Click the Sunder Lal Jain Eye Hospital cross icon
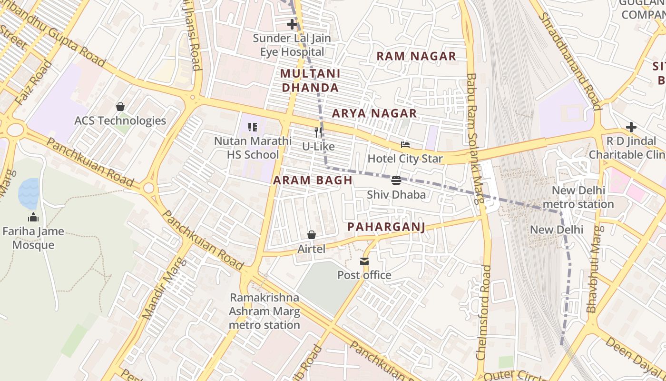point(292,24)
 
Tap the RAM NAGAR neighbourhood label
point(416,56)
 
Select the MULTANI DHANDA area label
point(310,80)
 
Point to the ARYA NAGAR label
point(374,113)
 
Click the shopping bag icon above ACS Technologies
point(120,106)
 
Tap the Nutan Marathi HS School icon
point(253,127)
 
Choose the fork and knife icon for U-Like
point(319,132)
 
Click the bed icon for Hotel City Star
point(405,145)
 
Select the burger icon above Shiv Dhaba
point(396,180)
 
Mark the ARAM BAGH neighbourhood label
point(313,180)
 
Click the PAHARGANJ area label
point(386,227)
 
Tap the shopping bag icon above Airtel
point(312,235)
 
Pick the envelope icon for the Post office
point(364,261)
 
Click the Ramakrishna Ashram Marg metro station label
point(264,311)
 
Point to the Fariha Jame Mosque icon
point(33,218)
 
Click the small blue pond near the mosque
point(29,193)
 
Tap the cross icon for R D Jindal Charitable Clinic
point(631,127)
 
